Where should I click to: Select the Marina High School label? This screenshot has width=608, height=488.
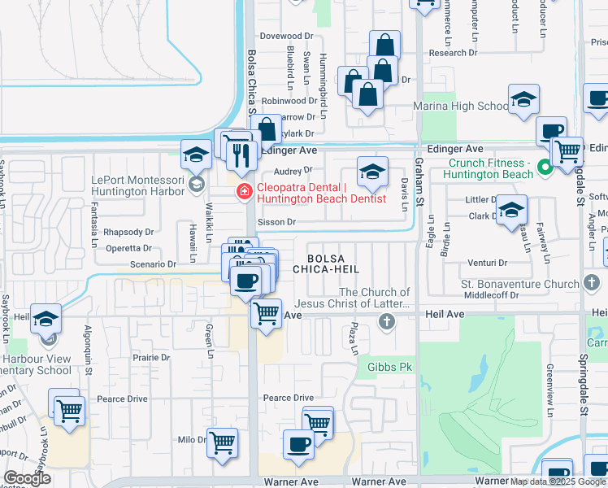tap(461, 107)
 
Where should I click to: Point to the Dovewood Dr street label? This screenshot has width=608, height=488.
tap(286, 37)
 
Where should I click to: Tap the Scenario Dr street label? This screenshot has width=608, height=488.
tap(152, 264)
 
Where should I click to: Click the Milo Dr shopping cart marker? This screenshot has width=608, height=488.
tap(222, 443)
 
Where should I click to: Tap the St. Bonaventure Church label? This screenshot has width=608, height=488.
tap(520, 284)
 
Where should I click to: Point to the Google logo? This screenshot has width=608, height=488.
tap(26, 477)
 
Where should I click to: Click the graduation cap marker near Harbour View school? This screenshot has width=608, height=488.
tap(46, 318)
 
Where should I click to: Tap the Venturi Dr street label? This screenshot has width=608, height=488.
tap(488, 264)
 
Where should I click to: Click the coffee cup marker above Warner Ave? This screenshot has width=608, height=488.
tap(298, 444)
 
